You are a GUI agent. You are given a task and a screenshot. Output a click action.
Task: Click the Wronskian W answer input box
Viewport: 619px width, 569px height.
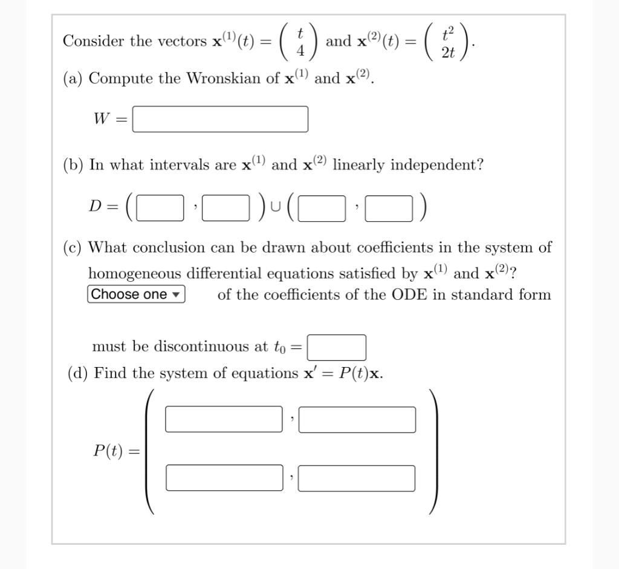click(x=220, y=119)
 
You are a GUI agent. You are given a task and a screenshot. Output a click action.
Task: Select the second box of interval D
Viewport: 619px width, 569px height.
click(x=225, y=209)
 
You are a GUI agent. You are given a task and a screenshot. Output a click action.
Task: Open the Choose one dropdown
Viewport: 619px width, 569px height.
click(x=136, y=294)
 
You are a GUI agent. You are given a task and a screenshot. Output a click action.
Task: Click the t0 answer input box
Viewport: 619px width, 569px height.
click(x=337, y=347)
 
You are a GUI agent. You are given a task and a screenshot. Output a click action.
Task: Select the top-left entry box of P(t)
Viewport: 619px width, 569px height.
click(x=224, y=420)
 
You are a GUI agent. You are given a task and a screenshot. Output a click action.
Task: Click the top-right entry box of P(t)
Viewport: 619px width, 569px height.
click(x=357, y=420)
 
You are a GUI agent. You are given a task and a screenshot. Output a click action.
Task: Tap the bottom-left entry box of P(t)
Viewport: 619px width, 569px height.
click(x=224, y=478)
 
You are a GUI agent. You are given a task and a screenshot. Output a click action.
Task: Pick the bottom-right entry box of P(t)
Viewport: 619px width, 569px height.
click(x=357, y=478)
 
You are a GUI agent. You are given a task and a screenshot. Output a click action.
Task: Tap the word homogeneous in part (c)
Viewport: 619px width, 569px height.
click(x=135, y=273)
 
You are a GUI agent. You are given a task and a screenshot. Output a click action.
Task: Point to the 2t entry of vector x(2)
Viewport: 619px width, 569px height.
click(x=448, y=53)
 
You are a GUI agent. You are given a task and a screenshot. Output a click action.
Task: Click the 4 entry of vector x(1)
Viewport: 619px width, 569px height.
click(x=300, y=53)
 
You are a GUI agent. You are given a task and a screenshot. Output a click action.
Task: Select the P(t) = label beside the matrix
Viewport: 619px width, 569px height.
click(x=115, y=451)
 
